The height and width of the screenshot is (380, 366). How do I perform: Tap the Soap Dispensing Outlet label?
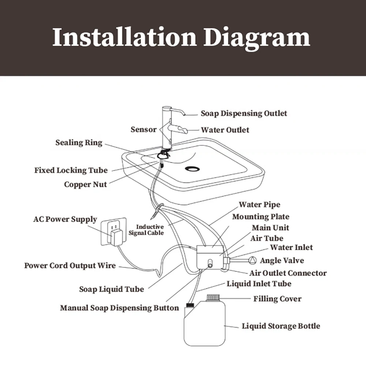(x=244, y=113)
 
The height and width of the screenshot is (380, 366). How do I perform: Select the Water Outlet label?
(x=225, y=130)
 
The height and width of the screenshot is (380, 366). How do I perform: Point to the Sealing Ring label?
(x=79, y=142)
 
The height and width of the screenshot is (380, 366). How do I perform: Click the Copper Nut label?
(x=85, y=185)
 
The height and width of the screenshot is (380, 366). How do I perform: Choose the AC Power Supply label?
(x=65, y=219)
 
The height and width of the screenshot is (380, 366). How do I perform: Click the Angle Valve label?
(x=282, y=260)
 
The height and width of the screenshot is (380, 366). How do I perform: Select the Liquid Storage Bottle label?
(x=281, y=326)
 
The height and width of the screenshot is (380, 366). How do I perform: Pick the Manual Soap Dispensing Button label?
(x=119, y=308)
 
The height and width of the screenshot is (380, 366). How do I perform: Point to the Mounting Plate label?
(x=261, y=217)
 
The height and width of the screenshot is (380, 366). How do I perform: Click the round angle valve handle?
(x=253, y=260)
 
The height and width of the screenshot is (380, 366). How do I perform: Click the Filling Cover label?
(x=277, y=299)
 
